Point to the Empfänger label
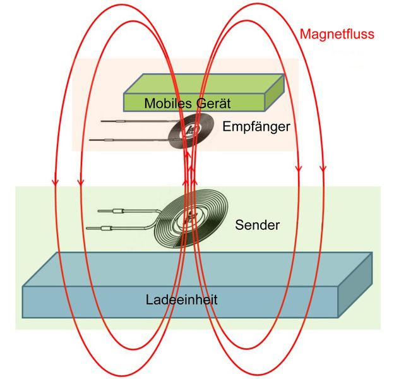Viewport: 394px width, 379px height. (256, 126)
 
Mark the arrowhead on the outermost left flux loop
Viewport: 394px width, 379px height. (55, 182)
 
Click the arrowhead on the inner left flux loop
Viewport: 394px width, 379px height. (80, 182)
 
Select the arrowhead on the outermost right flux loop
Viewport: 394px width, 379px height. (323, 169)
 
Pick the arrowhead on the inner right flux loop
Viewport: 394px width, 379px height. (297, 169)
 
